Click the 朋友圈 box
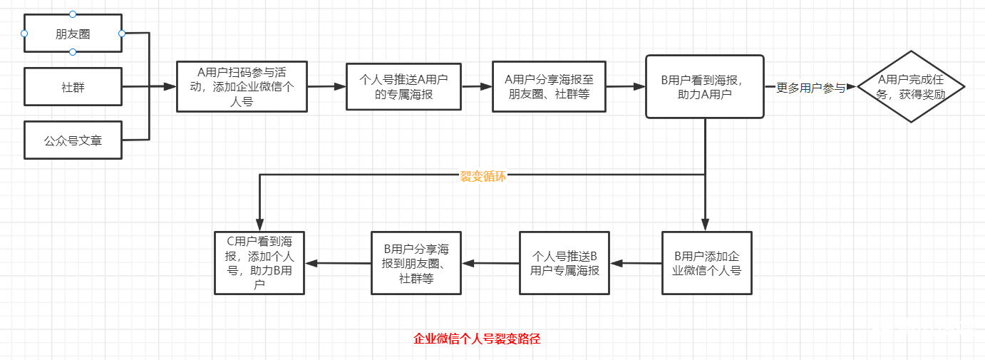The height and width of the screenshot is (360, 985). click(x=73, y=34)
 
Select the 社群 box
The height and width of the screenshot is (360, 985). click(x=73, y=87)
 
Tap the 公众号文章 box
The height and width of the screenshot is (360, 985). click(x=73, y=140)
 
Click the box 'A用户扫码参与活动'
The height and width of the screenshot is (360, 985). click(x=242, y=86)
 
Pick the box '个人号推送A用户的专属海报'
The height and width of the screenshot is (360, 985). click(x=403, y=86)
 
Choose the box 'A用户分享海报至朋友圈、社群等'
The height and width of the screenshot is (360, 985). click(x=549, y=86)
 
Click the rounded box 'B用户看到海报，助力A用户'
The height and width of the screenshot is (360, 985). click(x=704, y=86)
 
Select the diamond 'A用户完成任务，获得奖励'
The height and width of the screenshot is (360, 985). click(x=910, y=87)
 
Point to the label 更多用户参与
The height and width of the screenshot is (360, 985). click(x=810, y=88)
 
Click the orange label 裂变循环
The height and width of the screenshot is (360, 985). click(x=483, y=176)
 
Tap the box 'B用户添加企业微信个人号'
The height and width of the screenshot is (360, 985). click(x=706, y=263)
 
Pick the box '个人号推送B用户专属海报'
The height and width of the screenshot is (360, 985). click(x=564, y=263)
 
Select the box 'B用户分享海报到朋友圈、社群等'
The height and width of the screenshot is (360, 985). click(x=416, y=263)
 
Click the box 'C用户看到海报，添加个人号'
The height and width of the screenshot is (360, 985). click(x=259, y=263)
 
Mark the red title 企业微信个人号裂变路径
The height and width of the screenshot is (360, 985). click(x=477, y=339)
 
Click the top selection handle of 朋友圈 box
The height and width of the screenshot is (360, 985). click(x=73, y=14)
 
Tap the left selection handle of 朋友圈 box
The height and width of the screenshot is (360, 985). click(x=24, y=34)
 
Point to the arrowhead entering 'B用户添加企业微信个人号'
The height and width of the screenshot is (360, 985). click(x=705, y=225)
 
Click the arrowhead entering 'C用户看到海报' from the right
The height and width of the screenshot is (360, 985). click(x=311, y=263)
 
